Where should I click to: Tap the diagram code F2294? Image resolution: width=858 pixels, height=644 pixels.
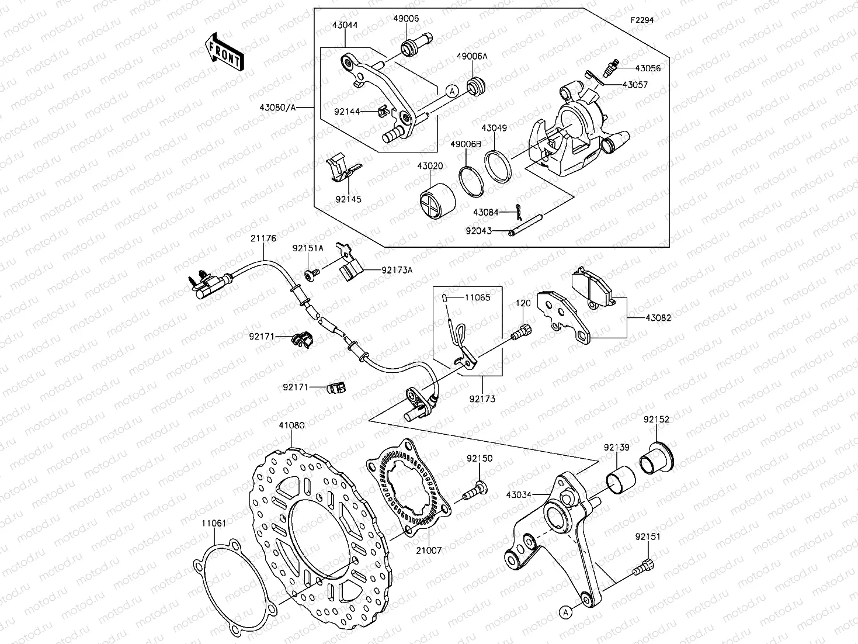coord(641,20)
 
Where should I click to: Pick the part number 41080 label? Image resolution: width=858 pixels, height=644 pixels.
coord(291,425)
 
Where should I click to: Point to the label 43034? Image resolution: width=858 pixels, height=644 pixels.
coord(519,495)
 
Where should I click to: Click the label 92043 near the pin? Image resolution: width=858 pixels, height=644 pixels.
coord(478,231)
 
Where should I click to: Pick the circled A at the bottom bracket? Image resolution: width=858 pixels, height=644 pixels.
coord(565,612)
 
